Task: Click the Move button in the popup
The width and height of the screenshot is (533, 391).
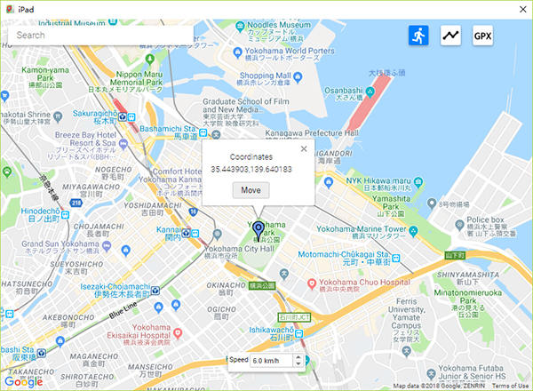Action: [x=251, y=190]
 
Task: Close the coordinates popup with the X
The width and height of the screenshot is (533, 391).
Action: [x=304, y=148]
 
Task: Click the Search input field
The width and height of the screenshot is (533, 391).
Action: [x=98, y=36]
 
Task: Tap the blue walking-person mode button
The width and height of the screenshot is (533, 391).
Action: [x=418, y=35]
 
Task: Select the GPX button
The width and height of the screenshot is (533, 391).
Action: [x=482, y=35]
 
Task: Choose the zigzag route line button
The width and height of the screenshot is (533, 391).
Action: [x=451, y=35]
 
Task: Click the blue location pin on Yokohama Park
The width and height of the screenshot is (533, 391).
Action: [x=259, y=230]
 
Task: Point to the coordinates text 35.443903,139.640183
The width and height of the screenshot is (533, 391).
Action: [x=251, y=168]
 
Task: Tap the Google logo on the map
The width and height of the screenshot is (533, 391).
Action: [x=23, y=381]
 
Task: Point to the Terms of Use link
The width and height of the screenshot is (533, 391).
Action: [x=510, y=386]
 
